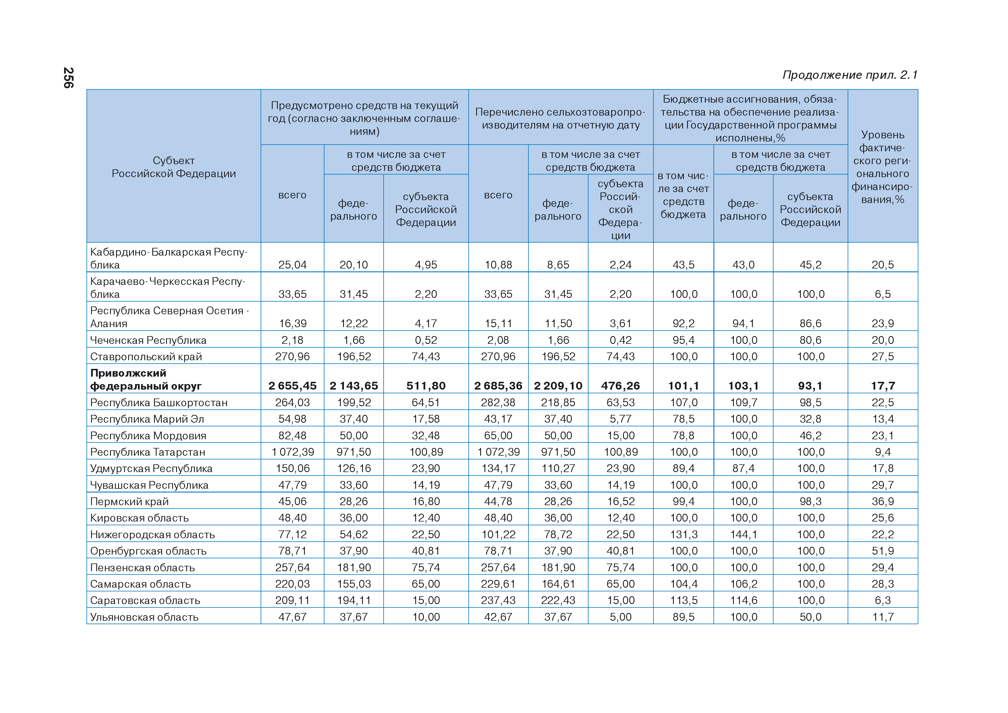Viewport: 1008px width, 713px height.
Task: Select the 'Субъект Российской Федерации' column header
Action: (x=174, y=167)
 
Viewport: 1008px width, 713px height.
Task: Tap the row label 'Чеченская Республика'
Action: (x=148, y=340)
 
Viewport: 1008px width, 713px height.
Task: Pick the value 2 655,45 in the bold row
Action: (x=293, y=386)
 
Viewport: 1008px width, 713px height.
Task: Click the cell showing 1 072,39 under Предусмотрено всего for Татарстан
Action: (x=293, y=452)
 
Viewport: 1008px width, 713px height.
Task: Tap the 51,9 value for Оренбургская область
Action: (x=882, y=551)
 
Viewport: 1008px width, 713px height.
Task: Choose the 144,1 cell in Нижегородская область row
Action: (x=743, y=534)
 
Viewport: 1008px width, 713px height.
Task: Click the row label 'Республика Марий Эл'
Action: (x=147, y=419)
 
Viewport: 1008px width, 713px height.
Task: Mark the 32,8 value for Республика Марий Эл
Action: (x=810, y=419)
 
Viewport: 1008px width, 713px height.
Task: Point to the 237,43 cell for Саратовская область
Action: (x=498, y=600)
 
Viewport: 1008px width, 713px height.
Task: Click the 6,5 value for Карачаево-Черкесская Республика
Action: (x=882, y=294)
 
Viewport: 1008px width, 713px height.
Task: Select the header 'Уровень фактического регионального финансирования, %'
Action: (x=882, y=167)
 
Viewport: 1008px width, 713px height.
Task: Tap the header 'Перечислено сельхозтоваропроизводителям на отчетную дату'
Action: (x=560, y=118)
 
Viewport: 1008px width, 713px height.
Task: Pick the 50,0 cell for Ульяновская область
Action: (x=810, y=617)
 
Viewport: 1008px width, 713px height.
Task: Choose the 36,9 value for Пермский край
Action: (x=882, y=501)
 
